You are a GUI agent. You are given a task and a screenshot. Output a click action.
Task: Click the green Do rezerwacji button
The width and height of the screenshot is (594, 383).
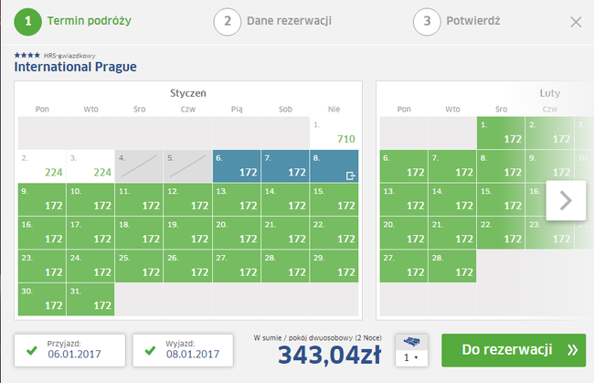(x=514, y=350)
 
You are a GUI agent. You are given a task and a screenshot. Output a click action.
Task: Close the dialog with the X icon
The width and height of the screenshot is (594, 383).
(x=576, y=22)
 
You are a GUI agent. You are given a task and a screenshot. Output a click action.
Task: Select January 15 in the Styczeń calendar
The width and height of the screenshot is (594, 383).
(x=334, y=199)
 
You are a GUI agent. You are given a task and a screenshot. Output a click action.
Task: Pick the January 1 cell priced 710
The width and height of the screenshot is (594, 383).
(x=334, y=133)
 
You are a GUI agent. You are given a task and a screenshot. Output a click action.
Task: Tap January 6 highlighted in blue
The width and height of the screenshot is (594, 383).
(x=237, y=166)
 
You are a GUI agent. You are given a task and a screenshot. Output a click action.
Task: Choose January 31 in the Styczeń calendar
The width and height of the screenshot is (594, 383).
(x=90, y=300)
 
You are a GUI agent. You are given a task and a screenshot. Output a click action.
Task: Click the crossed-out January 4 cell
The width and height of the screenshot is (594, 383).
(x=139, y=166)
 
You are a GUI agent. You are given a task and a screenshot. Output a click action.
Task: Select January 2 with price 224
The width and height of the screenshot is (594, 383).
(x=42, y=166)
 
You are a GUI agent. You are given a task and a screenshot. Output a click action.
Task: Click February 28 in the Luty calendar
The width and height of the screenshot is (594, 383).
(x=452, y=266)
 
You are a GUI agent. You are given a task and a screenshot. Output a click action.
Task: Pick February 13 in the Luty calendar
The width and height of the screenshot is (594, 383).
(x=404, y=199)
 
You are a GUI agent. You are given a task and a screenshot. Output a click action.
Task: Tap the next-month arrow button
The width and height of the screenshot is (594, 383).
(x=566, y=200)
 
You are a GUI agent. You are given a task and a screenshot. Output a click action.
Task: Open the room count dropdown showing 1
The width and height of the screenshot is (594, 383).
(x=411, y=357)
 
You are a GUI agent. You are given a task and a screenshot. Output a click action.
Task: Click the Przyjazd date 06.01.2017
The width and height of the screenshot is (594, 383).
(x=74, y=355)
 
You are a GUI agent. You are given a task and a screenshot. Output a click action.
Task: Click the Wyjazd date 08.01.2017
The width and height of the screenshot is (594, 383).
(x=193, y=355)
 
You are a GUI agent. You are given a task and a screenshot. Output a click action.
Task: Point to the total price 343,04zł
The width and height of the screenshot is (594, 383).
(x=330, y=355)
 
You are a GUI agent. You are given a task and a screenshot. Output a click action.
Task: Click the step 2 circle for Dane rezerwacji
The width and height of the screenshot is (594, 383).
(x=228, y=22)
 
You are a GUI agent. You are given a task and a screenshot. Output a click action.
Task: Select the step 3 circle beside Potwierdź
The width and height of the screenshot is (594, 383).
(x=427, y=22)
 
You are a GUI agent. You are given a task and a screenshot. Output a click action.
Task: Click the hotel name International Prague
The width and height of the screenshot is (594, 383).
(x=75, y=67)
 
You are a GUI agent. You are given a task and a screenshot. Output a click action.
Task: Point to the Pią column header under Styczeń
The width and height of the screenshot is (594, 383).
(x=237, y=110)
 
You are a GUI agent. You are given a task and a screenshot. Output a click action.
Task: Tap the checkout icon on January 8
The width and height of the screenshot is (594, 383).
(x=350, y=176)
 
